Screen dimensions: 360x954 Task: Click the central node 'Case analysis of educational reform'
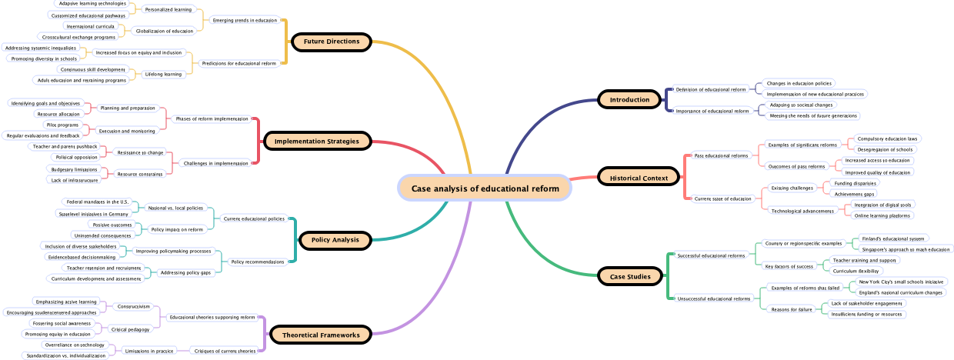[485, 188]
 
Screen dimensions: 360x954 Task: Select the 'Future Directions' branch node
[332, 42]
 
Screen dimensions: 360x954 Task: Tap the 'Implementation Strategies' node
[317, 142]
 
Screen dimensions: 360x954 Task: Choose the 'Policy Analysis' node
[335, 240]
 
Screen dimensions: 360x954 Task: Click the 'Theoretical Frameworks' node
[321, 335]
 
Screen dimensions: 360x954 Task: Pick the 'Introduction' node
[629, 100]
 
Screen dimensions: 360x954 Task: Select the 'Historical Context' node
[639, 178]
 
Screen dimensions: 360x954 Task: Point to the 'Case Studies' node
[629, 276]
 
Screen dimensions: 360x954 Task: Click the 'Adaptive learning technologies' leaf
[92, 4]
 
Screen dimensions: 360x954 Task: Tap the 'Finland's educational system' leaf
[892, 238]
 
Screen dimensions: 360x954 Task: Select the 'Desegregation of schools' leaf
[885, 149]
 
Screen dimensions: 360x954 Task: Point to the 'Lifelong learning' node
[163, 75]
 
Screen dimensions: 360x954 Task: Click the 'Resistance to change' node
[140, 152]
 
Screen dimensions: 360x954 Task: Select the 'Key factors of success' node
[789, 266]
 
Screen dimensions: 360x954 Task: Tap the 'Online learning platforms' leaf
[882, 215]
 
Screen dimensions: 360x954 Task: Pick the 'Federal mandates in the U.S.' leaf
[97, 202]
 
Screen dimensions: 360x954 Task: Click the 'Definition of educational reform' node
[711, 90]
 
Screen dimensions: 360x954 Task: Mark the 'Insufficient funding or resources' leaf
[866, 314]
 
